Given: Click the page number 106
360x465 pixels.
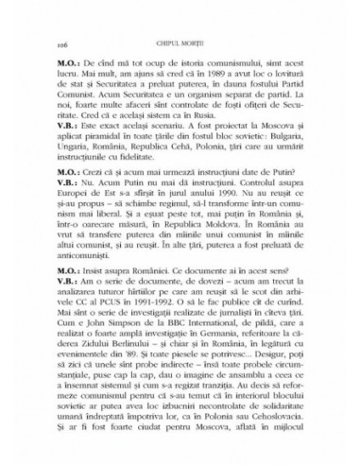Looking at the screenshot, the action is [63, 44].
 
